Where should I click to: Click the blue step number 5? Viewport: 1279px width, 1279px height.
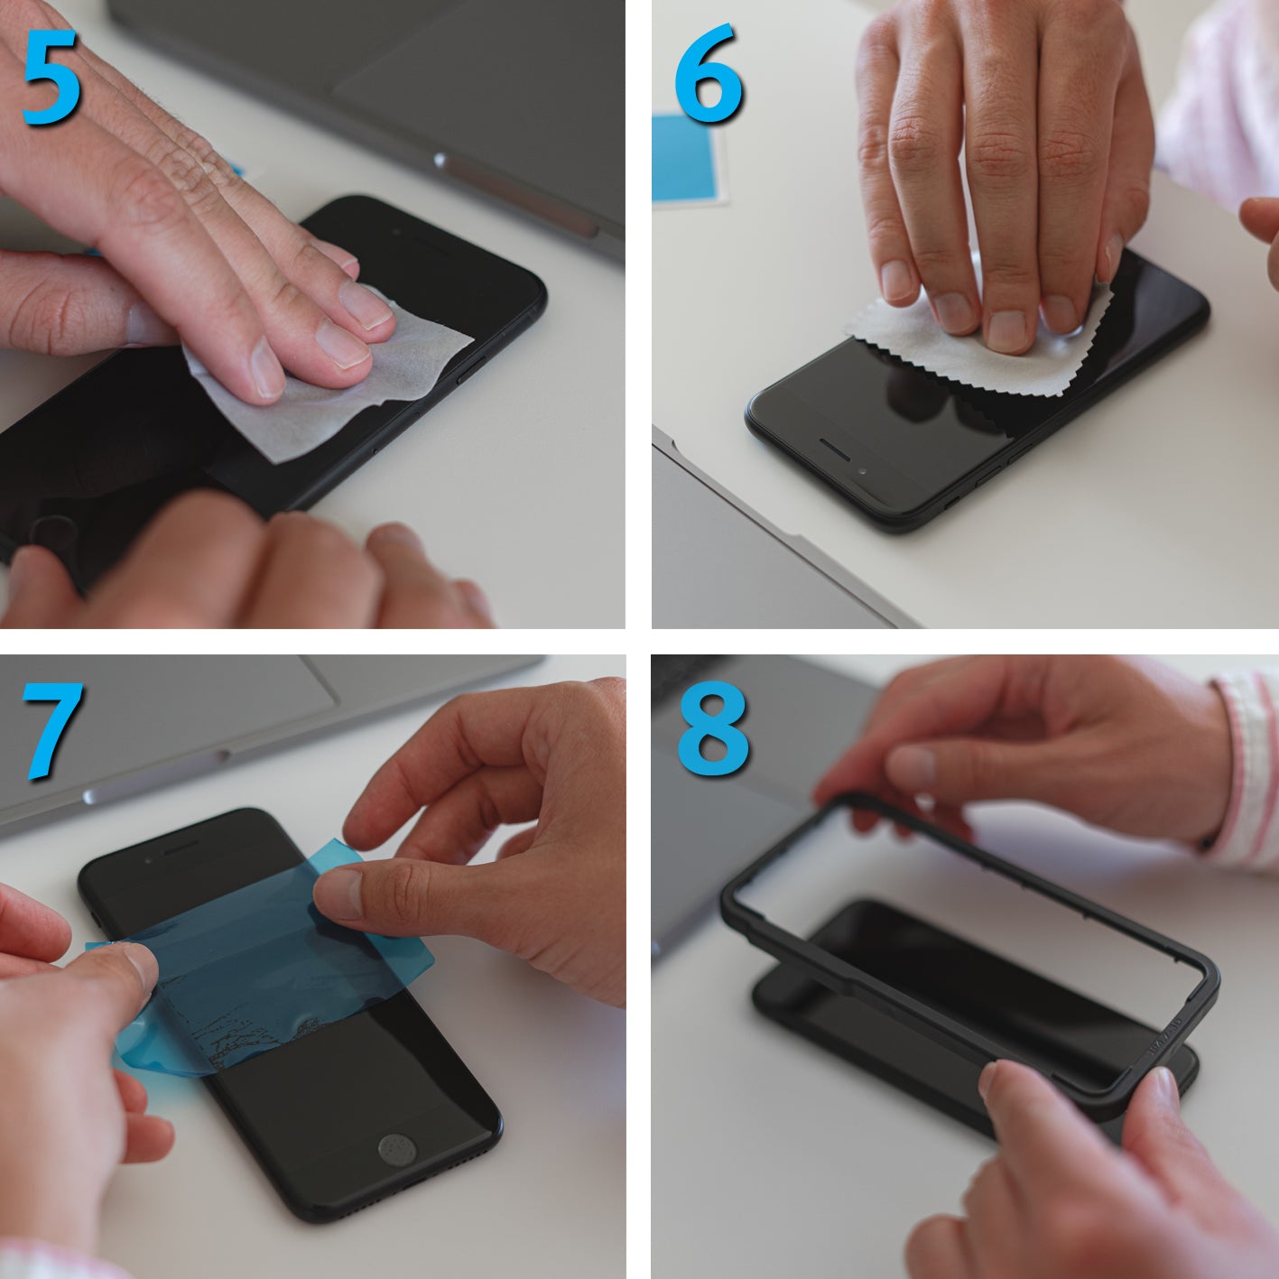(51, 78)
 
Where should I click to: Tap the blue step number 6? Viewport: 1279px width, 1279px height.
(709, 74)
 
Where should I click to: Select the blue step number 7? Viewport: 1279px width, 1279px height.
(53, 730)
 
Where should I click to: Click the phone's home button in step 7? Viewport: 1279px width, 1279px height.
(397, 1149)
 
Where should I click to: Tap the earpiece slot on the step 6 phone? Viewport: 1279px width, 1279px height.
(834, 450)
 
